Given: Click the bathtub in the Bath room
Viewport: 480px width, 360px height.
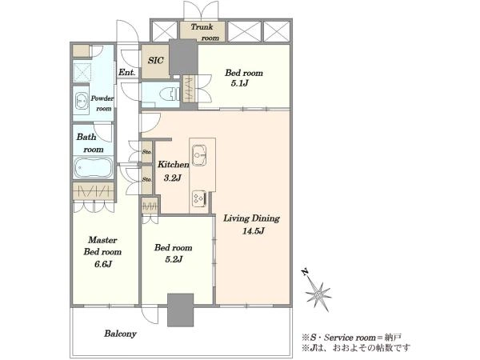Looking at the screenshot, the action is click(x=93, y=167).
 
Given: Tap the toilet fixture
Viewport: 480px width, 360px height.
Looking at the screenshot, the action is click(x=171, y=93).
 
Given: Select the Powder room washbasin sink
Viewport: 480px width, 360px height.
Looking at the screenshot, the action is click(x=82, y=100).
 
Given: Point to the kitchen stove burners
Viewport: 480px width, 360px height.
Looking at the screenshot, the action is click(x=199, y=198).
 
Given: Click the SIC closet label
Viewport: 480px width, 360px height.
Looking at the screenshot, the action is click(x=156, y=60).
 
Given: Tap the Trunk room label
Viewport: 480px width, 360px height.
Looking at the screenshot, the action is click(x=205, y=32).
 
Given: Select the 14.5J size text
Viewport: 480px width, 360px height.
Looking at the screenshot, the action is click(x=254, y=231).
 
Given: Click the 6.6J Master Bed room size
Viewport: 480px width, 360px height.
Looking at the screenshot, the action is click(x=103, y=264).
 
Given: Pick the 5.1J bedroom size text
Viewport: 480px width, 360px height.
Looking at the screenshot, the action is click(x=239, y=83).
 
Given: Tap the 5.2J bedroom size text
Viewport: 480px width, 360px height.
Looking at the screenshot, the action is click(x=174, y=259).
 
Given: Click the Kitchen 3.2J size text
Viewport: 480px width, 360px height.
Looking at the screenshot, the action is click(x=173, y=178).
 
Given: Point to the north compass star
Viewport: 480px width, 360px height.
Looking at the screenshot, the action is click(x=318, y=294).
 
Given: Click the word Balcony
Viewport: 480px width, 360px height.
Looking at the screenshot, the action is click(x=120, y=334).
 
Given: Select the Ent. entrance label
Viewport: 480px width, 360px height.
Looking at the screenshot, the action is click(x=126, y=73).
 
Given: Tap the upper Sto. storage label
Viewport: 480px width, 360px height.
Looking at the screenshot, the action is click(x=146, y=151).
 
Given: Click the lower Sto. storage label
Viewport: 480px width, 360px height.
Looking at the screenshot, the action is click(x=146, y=180).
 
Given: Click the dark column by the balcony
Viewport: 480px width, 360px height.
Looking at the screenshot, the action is click(x=180, y=310).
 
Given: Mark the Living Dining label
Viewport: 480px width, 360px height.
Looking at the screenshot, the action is click(x=252, y=218).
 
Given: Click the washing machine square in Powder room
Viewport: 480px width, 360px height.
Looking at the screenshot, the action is click(x=82, y=72).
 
